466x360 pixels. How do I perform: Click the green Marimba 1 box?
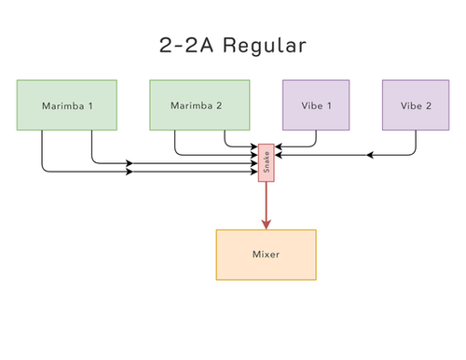pos(67,104)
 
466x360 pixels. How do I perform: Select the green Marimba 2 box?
pos(199,104)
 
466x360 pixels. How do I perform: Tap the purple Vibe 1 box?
pos(316,104)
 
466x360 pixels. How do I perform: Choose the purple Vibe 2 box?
pos(416,104)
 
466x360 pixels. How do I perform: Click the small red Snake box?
pos(266,163)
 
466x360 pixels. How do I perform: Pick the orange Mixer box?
pos(266,254)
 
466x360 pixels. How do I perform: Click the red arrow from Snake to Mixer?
pos(266,201)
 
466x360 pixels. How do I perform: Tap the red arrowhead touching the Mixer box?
pos(266,224)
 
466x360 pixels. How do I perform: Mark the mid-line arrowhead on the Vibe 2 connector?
pos(371,155)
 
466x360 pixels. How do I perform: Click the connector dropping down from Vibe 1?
pos(316,138)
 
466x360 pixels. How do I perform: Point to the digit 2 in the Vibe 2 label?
pos(429,104)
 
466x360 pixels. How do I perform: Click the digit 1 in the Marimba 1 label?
pos(90,104)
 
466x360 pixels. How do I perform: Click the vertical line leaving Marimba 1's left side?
pos(42,149)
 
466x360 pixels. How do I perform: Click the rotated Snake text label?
pos(266,163)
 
